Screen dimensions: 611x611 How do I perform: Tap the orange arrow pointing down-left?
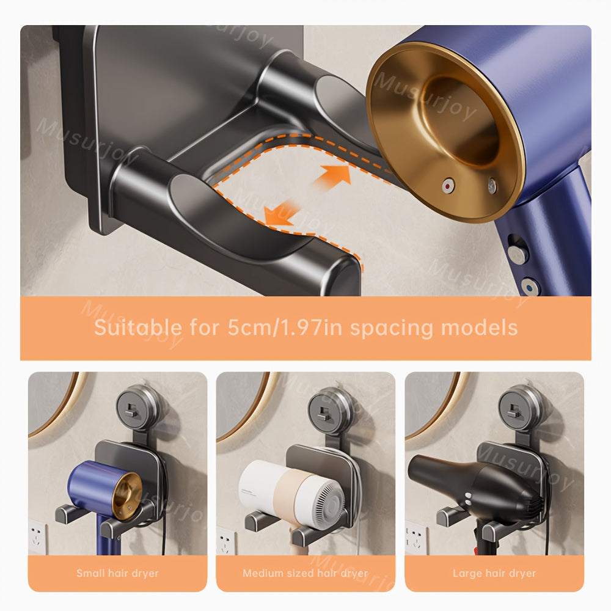point(280,214)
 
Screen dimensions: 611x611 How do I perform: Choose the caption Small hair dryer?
point(117,573)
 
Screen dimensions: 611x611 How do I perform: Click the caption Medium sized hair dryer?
point(305,573)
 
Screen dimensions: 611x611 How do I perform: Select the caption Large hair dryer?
point(494,573)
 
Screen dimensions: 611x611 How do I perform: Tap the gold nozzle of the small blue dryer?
point(128,494)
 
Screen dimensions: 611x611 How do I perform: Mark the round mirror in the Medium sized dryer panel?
point(241,403)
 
